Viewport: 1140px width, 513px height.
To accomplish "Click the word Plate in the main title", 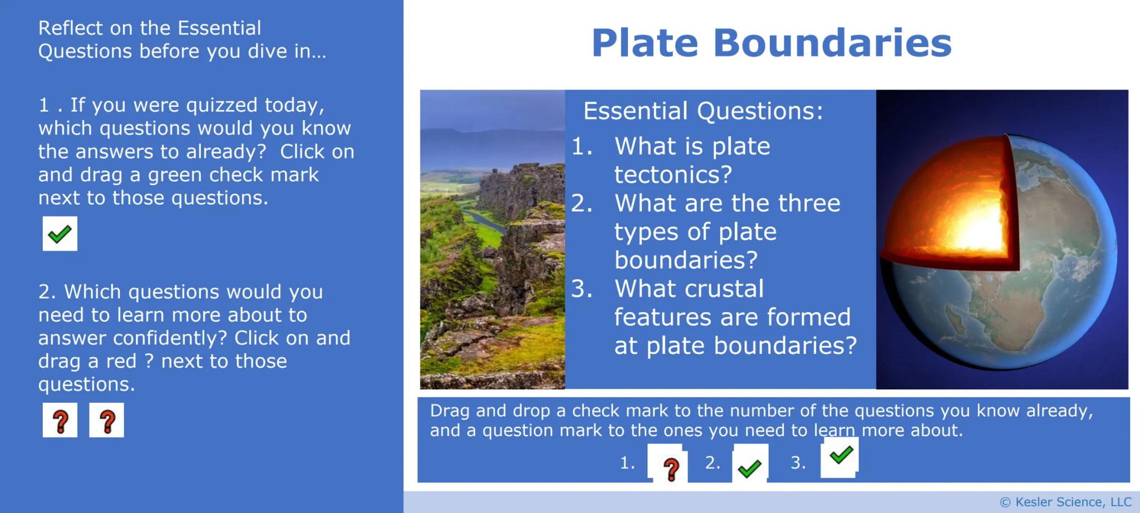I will [x=645, y=43].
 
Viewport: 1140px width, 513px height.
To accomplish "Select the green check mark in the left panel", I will [x=60, y=234].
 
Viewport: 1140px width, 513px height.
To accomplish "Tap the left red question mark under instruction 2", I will [x=60, y=421].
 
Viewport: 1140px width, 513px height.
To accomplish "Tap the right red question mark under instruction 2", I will [x=107, y=421].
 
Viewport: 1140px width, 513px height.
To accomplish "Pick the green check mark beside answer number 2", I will [x=750, y=468].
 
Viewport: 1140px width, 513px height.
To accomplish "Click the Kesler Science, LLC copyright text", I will [x=1066, y=502].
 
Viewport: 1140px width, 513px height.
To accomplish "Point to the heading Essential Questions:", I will [x=702, y=111].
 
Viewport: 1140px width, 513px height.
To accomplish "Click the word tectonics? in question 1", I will [x=673, y=175].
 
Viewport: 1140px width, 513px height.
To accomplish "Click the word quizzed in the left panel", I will [x=222, y=105].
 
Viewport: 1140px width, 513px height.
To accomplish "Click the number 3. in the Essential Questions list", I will [x=582, y=289].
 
